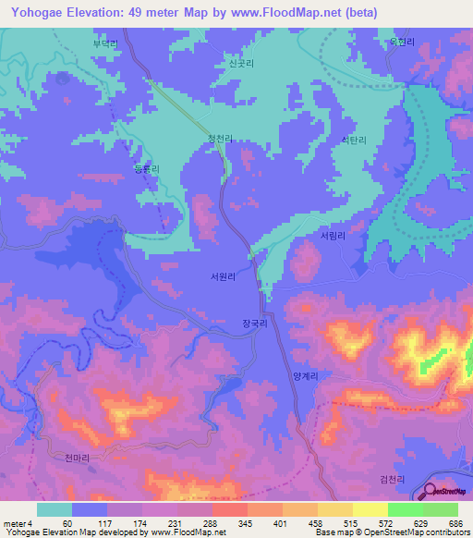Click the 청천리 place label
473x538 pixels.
click(219, 139)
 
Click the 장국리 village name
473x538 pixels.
click(254, 325)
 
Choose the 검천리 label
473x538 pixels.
click(393, 477)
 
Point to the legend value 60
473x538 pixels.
click(67, 523)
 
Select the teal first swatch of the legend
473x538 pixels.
click(54, 509)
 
